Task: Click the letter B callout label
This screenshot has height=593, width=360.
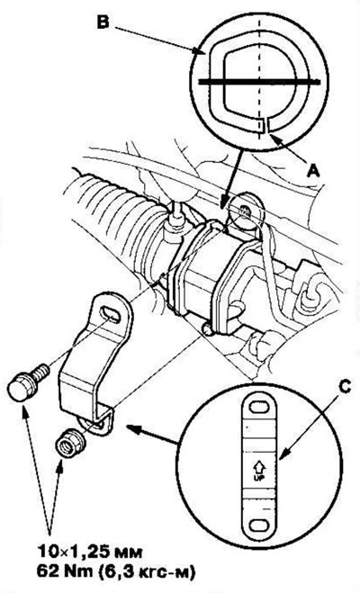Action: point(103,22)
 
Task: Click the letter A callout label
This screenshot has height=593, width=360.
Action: point(312,172)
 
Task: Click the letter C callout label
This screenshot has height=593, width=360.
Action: point(346,386)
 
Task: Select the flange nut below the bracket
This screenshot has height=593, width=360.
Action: point(70,442)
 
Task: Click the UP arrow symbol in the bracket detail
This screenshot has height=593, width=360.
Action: point(260,468)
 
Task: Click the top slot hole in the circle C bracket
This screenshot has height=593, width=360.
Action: point(259,407)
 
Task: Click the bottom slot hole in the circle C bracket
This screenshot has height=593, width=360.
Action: point(260,525)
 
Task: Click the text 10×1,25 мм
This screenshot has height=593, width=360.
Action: point(90,553)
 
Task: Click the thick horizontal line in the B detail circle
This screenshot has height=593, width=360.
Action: point(259,81)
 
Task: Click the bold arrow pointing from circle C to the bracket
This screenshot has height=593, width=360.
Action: point(152,434)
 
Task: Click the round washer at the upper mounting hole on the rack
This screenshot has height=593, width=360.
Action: point(246,212)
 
